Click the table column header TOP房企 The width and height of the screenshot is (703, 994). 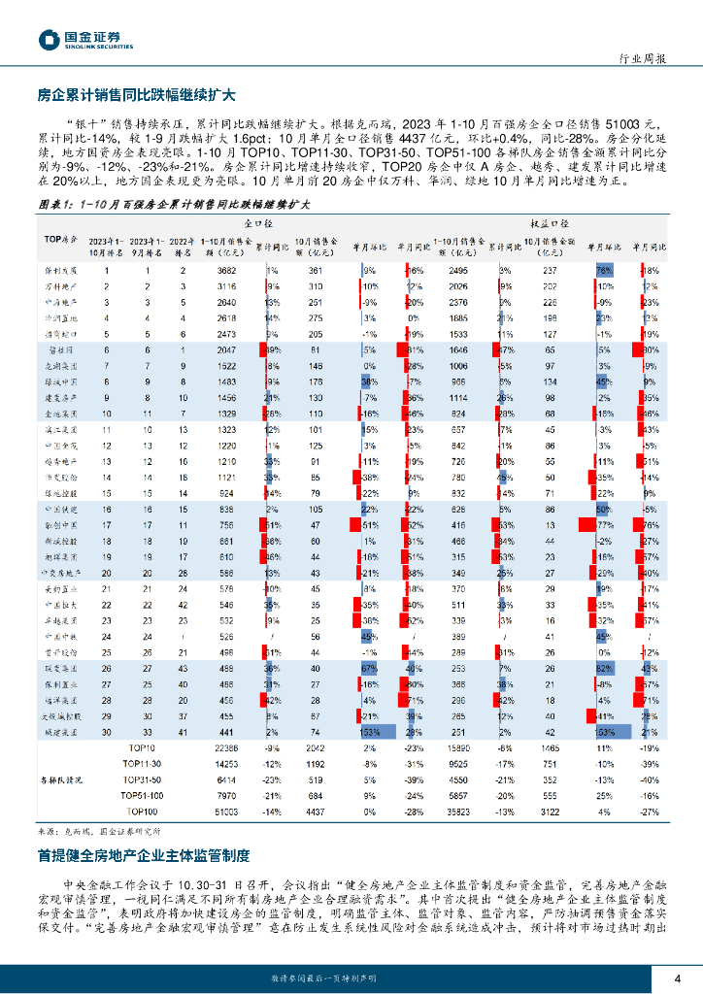(60, 239)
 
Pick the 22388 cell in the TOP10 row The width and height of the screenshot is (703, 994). (225, 748)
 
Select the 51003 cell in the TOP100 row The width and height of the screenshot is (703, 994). (225, 811)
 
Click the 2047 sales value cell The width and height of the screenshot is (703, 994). (227, 348)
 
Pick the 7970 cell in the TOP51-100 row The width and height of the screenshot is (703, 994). (225, 795)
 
